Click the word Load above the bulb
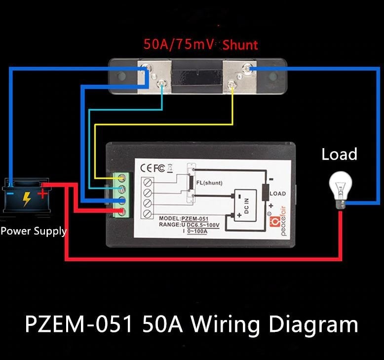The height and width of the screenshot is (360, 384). click(339, 155)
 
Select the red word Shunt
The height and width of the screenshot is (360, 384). click(240, 45)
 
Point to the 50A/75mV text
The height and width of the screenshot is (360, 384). click(179, 44)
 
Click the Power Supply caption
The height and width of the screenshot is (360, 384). click(34, 231)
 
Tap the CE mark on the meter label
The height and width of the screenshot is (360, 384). click(148, 168)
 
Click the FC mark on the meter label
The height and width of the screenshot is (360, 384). click(159, 168)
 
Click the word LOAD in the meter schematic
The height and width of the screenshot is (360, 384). click(277, 194)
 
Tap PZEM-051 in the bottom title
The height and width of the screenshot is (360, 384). click(79, 325)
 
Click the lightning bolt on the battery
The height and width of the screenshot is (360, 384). click(27, 199)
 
